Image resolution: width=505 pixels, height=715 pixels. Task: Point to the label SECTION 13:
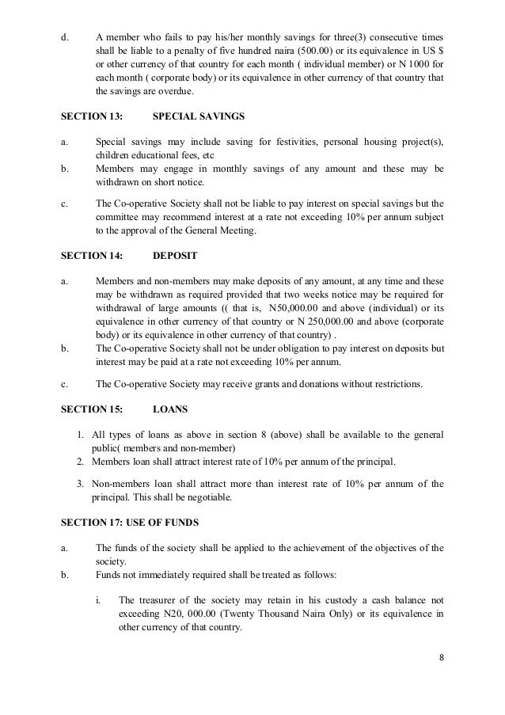pos(92,115)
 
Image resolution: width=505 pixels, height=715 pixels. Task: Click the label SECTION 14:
pos(92,256)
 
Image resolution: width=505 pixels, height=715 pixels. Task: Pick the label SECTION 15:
pos(92,411)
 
